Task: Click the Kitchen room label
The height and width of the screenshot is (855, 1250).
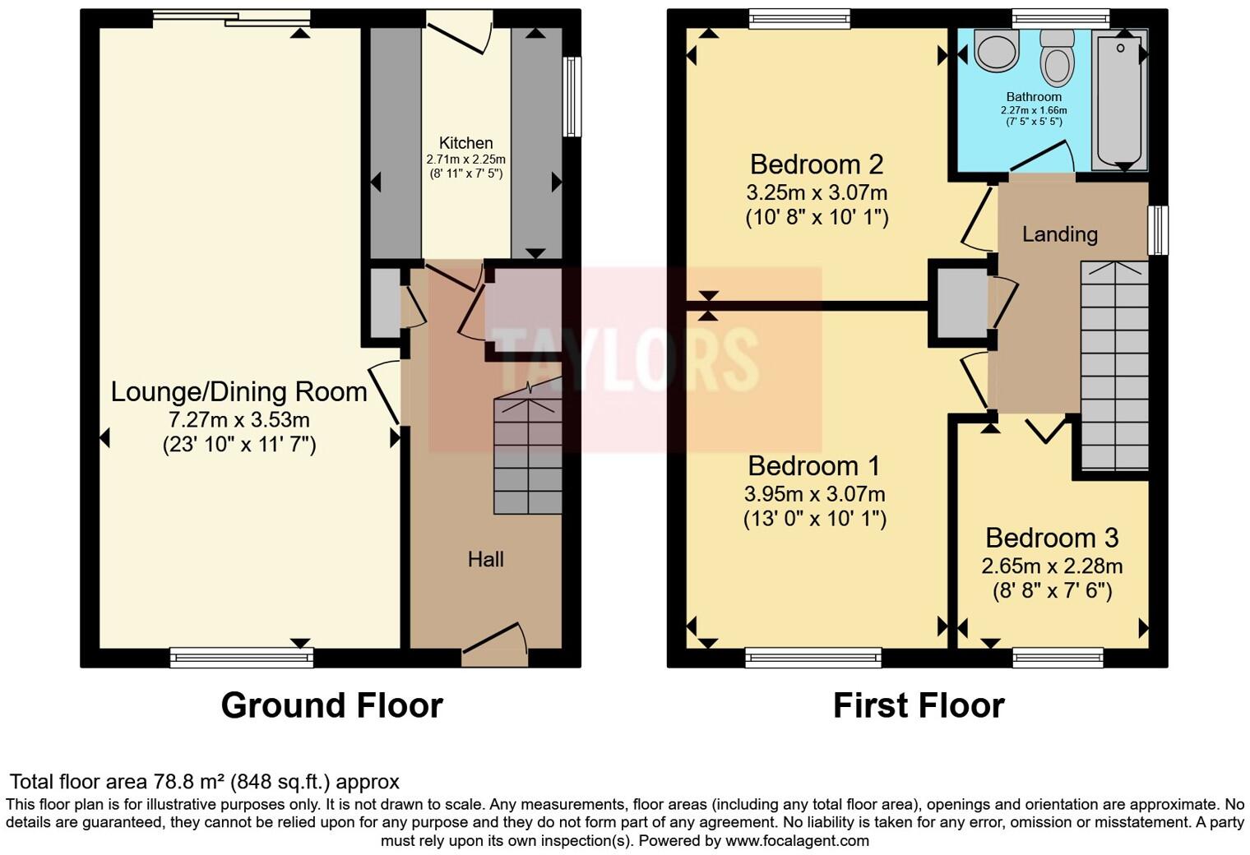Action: pyautogui.click(x=465, y=143)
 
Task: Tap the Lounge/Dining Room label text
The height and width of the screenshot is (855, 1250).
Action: pyautogui.click(x=238, y=391)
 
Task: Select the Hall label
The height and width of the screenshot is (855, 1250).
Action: pyautogui.click(x=485, y=560)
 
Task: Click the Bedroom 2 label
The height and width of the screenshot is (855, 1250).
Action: pyautogui.click(x=816, y=164)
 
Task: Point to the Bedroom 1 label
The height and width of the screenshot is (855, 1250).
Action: pyautogui.click(x=813, y=466)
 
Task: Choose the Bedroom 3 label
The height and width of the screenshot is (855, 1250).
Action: pyautogui.click(x=1051, y=538)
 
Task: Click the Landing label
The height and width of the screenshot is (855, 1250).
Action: pyautogui.click(x=1059, y=234)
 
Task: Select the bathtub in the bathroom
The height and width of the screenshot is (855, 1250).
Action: pyautogui.click(x=1119, y=99)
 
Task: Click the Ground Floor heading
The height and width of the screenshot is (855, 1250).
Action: pyautogui.click(x=331, y=705)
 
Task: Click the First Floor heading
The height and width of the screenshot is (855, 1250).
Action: pyautogui.click(x=919, y=705)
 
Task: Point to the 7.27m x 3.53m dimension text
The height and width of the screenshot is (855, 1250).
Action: pyautogui.click(x=238, y=420)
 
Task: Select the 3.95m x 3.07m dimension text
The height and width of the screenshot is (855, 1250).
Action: pyautogui.click(x=814, y=494)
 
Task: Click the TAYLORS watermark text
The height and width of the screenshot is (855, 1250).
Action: pyautogui.click(x=625, y=358)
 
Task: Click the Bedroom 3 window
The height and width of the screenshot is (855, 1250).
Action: pyautogui.click(x=1057, y=656)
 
